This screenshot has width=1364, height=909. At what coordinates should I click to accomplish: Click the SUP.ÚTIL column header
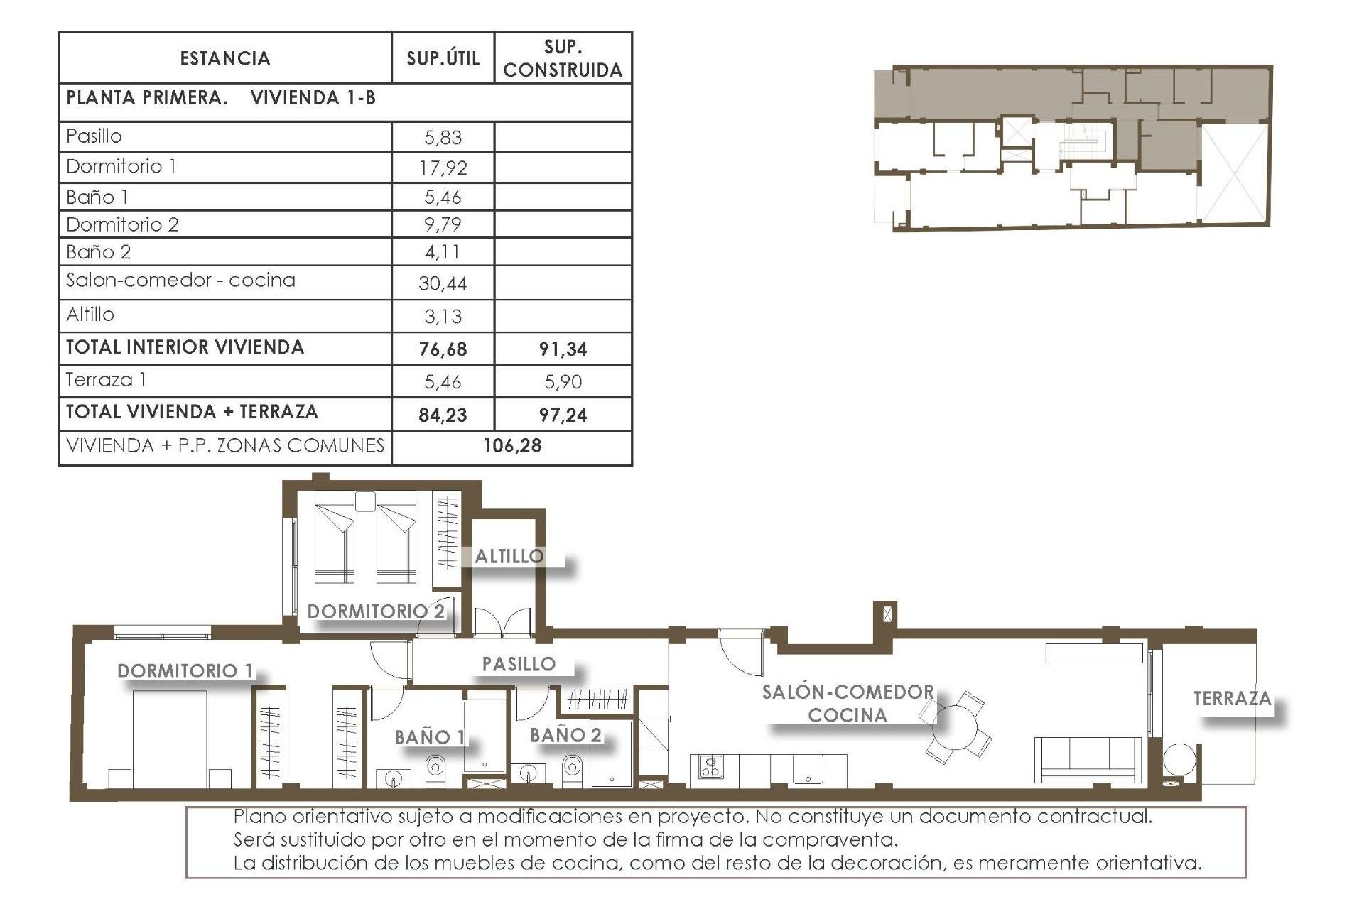[443, 58]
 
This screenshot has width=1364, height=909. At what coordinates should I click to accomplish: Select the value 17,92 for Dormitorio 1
[443, 168]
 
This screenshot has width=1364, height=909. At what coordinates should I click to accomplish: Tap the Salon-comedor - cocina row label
[180, 281]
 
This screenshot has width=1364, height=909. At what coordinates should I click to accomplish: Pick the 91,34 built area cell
[563, 349]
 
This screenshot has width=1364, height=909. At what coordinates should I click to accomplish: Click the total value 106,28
[512, 446]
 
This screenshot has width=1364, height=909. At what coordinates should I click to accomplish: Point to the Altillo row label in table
[90, 315]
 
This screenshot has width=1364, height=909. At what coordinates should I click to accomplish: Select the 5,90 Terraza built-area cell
[563, 382]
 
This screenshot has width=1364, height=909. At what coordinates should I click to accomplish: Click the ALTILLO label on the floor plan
[509, 557]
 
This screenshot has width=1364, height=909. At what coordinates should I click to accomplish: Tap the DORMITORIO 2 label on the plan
[376, 611]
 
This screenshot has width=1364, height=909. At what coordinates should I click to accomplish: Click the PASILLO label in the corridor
[519, 665]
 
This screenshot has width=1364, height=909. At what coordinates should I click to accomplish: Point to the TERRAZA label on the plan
[1232, 699]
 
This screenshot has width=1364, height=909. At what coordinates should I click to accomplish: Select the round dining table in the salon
[957, 727]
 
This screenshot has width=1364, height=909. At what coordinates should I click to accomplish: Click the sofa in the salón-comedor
[1088, 759]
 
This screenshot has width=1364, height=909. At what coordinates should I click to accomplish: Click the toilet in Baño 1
[435, 768]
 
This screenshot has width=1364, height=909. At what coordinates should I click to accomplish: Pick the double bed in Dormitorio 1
[170, 739]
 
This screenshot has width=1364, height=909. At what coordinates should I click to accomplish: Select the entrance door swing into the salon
[740, 653]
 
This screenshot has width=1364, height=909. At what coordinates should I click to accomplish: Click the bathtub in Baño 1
[485, 737]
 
